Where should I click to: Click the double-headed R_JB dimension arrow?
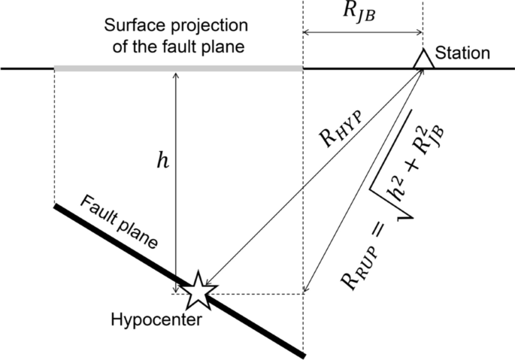click(362, 32)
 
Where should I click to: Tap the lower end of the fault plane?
click(300, 352)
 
